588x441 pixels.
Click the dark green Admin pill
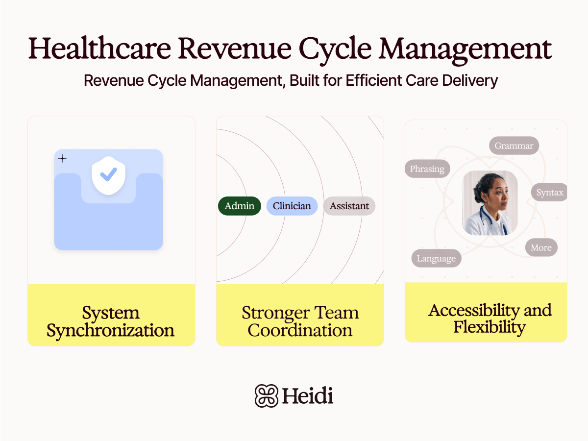pyautogui.click(x=239, y=206)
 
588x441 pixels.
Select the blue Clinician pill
pyautogui.click(x=292, y=206)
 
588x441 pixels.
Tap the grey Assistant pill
pyautogui.click(x=349, y=206)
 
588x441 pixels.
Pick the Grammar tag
pyautogui.click(x=514, y=146)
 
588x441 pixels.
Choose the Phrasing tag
pyautogui.click(x=427, y=169)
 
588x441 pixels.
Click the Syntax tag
pyautogui.click(x=549, y=193)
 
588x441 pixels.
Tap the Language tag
pyautogui.click(x=436, y=258)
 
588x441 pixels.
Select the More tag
pyautogui.click(x=541, y=247)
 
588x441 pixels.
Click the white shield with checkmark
pyautogui.click(x=109, y=175)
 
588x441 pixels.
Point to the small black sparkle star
pyautogui.click(x=62, y=158)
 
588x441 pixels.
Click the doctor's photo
pyautogui.click(x=490, y=203)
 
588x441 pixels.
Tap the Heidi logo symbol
pyautogui.click(x=266, y=395)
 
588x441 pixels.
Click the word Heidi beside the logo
pyautogui.click(x=307, y=395)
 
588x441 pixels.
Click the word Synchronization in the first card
pyautogui.click(x=111, y=330)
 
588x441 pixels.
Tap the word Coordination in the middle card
pyautogui.click(x=300, y=330)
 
